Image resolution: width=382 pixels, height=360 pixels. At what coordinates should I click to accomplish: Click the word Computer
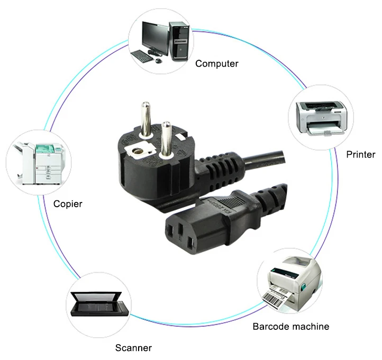216,64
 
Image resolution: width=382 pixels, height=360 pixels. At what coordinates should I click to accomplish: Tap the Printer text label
360,154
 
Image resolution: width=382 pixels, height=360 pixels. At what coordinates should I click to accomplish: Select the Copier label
68,203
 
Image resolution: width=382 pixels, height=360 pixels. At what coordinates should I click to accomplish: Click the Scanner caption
133,348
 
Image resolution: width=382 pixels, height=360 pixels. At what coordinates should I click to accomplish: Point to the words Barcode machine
290,326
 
